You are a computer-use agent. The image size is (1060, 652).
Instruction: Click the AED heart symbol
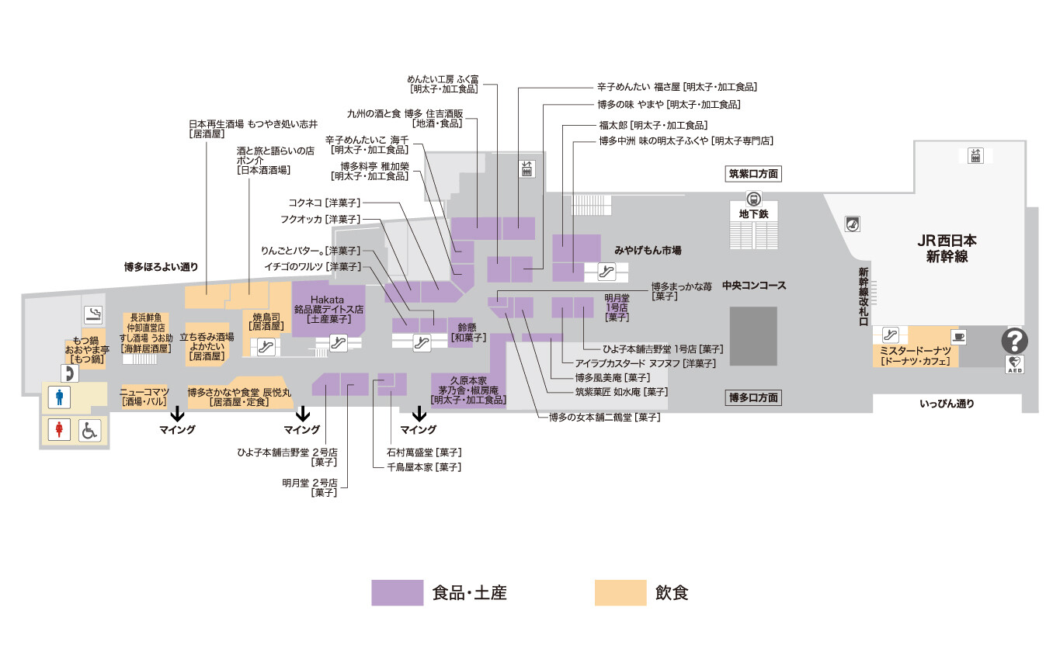click(x=1015, y=363)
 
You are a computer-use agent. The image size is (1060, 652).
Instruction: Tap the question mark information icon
click(x=1015, y=340)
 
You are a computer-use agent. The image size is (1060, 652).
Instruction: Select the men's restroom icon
click(x=60, y=397)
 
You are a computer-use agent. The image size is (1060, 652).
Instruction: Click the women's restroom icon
click(x=60, y=429)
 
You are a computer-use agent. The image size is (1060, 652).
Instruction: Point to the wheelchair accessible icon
click(x=89, y=429)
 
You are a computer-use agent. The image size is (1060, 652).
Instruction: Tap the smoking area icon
click(x=94, y=314)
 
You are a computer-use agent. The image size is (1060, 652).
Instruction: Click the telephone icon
click(x=71, y=373)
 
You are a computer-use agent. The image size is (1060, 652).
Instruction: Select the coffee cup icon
click(x=958, y=336)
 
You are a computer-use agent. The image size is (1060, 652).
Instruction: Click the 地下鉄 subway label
click(x=754, y=213)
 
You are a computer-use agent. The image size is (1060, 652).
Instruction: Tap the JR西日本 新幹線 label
click(x=947, y=248)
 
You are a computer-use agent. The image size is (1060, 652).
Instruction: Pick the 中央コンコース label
click(x=754, y=286)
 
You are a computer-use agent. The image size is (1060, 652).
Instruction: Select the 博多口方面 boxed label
click(x=753, y=398)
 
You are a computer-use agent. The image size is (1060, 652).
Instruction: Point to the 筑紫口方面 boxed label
click(x=753, y=174)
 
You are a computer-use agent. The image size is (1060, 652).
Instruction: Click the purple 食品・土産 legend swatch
click(x=397, y=593)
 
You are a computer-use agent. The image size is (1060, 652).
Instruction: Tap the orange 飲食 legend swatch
click(x=620, y=593)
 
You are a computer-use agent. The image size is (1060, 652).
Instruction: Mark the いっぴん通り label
click(x=946, y=404)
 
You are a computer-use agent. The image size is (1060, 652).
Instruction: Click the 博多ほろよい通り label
click(x=161, y=266)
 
